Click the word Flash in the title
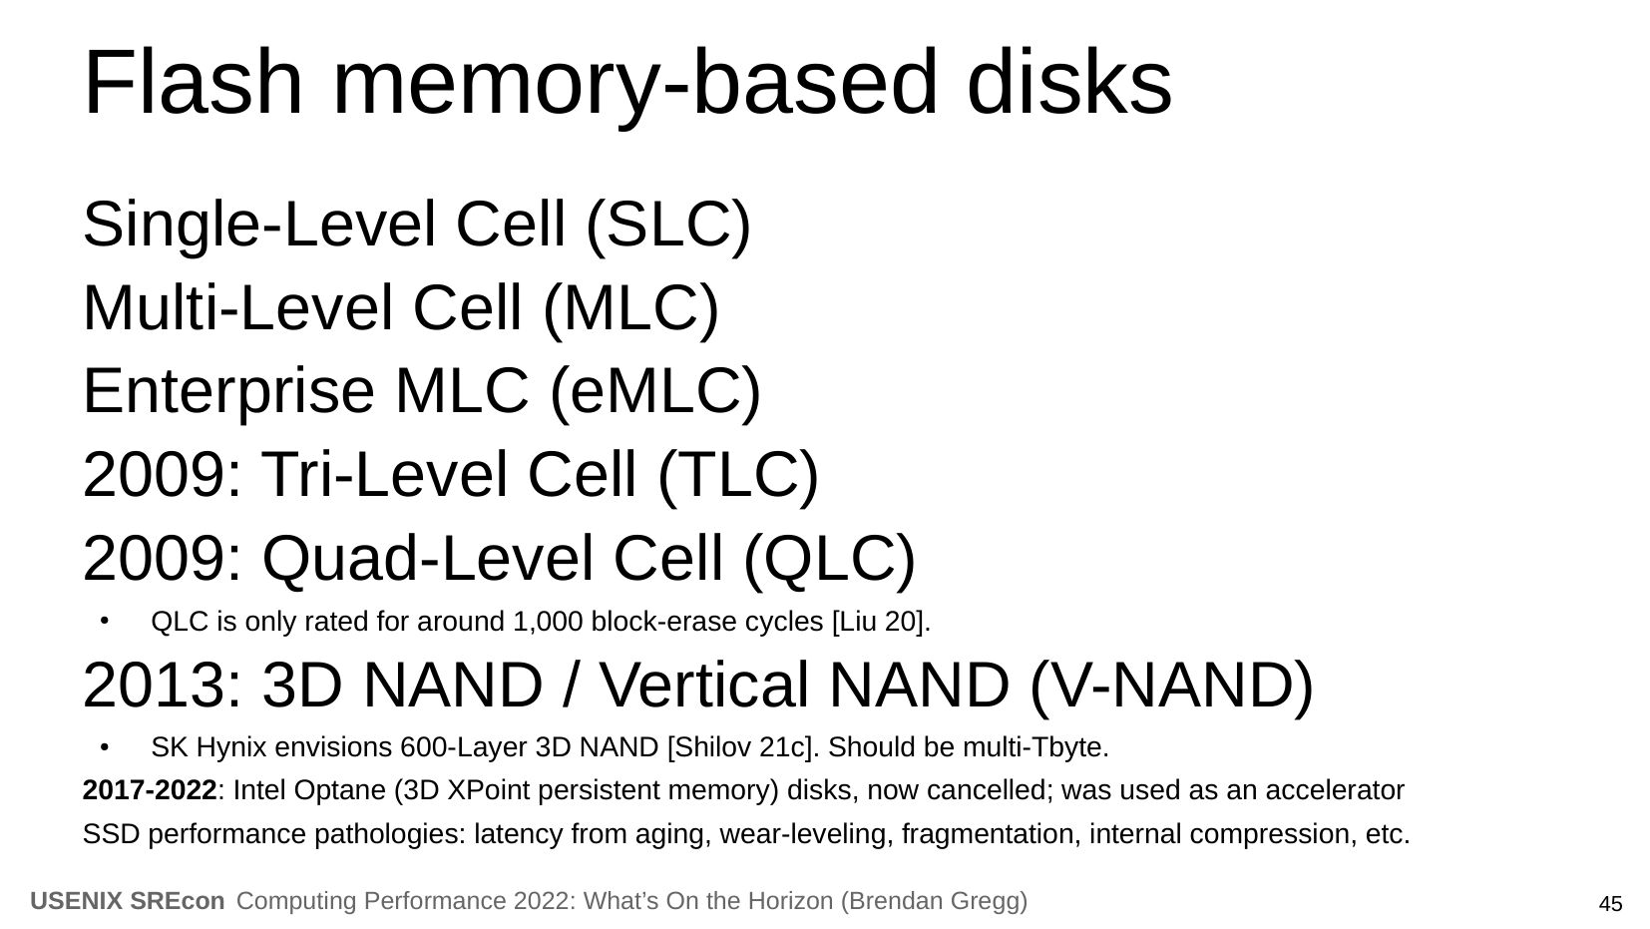coord(193,82)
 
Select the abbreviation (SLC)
coord(668,225)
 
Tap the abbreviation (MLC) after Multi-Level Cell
coord(630,308)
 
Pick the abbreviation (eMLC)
coord(654,391)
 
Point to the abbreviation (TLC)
coord(737,474)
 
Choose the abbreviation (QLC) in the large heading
coord(829,559)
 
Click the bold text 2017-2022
coord(150,790)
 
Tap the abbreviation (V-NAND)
coord(1171,686)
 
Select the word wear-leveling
coord(805,835)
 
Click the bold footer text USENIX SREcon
coord(128,901)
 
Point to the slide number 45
coord(1610,904)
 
